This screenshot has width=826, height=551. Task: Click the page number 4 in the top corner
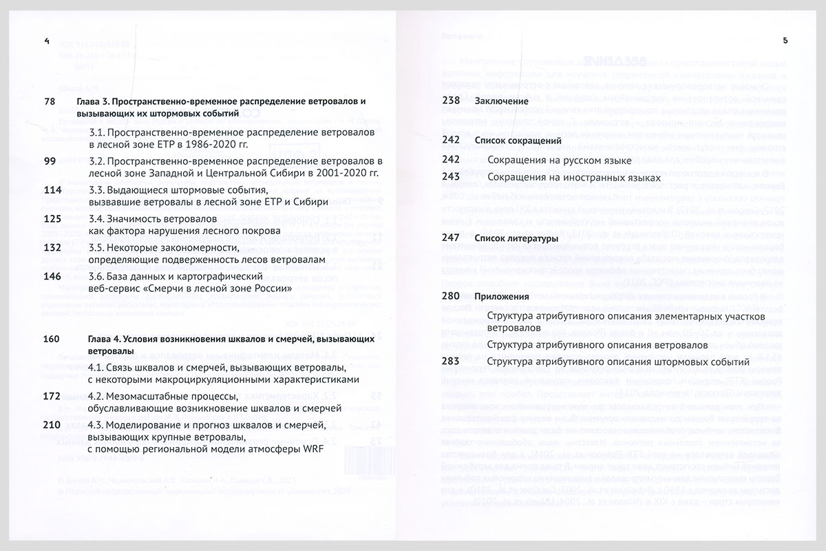tap(46, 41)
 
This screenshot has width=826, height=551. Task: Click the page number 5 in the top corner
tap(785, 41)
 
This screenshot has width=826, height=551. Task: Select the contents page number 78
tap(49, 101)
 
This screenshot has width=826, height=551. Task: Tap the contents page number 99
tap(49, 160)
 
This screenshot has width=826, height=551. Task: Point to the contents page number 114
tap(52, 189)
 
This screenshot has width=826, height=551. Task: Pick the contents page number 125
tap(52, 218)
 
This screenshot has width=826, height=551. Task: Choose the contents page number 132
tap(52, 247)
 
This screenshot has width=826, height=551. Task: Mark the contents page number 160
tap(52, 339)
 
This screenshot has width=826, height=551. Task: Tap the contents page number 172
tap(52, 396)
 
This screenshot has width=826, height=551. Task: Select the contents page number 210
tap(52, 425)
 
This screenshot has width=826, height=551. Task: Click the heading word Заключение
tap(496, 101)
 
